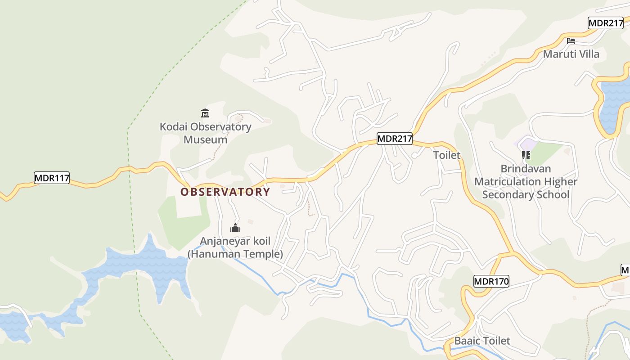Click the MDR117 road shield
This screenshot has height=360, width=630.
point(52,178)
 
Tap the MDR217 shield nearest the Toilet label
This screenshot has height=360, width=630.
point(395,139)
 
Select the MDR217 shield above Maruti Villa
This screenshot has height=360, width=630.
point(606,23)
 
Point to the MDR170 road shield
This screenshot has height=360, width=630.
point(491,282)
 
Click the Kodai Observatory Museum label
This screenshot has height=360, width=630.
point(206,133)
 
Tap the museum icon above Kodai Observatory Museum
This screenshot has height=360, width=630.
point(205,113)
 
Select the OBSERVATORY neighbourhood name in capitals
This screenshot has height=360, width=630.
point(225,192)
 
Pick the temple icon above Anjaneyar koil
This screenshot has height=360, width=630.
point(235,228)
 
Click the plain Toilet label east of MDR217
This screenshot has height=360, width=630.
point(447,155)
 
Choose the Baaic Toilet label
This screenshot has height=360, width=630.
point(482,341)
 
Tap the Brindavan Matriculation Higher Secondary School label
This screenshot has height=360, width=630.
point(526,182)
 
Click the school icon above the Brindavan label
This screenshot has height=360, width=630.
point(526,155)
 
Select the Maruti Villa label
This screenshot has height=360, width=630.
point(571,54)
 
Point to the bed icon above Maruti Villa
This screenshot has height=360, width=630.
point(571,41)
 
